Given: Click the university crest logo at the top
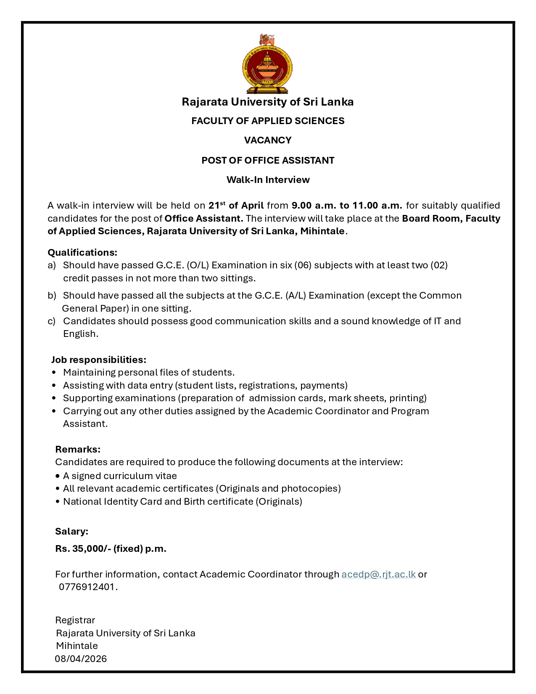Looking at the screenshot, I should pos(267,64).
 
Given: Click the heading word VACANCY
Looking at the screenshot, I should pos(268,140).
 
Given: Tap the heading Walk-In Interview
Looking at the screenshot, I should pos(268,180).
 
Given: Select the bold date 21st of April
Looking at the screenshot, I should pos(236,205).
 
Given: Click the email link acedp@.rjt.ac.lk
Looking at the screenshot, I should pos(378,574).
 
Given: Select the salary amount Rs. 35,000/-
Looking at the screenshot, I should pos(83,548).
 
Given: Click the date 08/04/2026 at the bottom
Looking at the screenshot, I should pos(81,659).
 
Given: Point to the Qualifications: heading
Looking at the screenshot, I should pos(82,252).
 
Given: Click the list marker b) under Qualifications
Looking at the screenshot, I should pos(52,295).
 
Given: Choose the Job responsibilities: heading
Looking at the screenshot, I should pos(99,360).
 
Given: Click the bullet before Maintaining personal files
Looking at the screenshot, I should pos(54,373).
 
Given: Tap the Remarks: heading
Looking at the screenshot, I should pos(78,449).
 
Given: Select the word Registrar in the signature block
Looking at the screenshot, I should pos(75,620).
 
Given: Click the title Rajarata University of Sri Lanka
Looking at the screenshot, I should pos(267,102).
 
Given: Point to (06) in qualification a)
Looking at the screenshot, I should pos(303,265).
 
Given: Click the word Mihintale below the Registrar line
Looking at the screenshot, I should pos(77,646).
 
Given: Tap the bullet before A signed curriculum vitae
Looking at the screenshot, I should pos(58,476).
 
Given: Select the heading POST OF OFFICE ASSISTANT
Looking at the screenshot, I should pos(268,160).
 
